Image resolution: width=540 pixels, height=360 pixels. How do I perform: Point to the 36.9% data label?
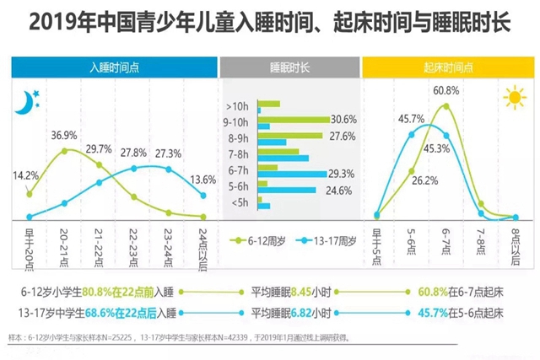pos(65,135)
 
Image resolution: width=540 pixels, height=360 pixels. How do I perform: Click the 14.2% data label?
pos(24,175)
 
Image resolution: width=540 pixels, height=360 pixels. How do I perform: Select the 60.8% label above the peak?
pos(446,90)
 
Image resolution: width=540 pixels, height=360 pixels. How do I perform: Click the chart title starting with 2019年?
pos(270,23)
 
